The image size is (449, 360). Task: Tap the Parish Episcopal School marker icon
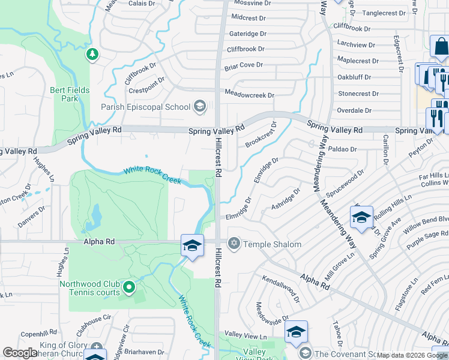click(x=199, y=107)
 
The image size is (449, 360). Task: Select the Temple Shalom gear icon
click(x=234, y=244)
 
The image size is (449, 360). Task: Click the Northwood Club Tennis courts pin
click(x=128, y=288)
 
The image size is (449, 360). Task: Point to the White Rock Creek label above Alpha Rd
click(x=152, y=175)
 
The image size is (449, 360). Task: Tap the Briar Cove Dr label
click(x=244, y=65)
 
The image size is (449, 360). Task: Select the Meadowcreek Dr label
click(x=249, y=95)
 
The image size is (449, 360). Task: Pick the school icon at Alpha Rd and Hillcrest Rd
click(x=192, y=245)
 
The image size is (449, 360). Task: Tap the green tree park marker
click(x=92, y=55)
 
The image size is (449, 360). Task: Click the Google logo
click(x=20, y=353)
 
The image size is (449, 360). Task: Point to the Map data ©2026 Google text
click(x=412, y=355)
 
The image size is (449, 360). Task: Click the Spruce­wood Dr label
click(x=345, y=187)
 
